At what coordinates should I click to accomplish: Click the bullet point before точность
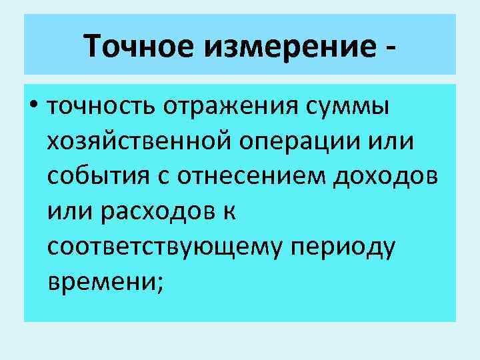33,107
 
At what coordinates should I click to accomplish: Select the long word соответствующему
164,248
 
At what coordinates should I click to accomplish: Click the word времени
100,283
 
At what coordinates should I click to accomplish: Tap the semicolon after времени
158,285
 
